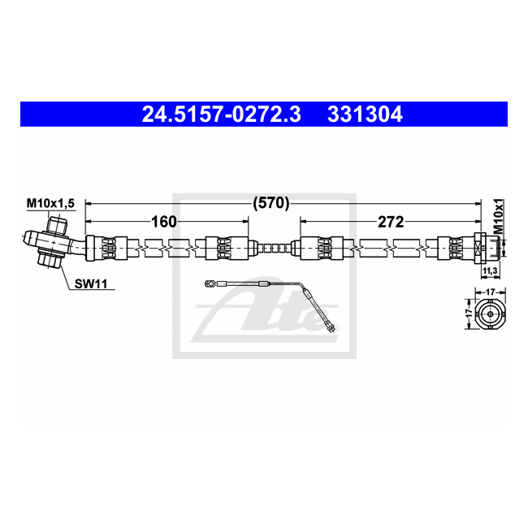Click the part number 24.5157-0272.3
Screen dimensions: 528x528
(221, 115)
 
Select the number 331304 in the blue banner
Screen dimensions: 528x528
(365, 115)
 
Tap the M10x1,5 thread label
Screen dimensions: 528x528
(50, 203)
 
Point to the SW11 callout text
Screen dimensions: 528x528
(91, 283)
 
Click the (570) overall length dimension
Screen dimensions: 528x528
(271, 203)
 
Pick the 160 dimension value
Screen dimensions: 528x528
(163, 222)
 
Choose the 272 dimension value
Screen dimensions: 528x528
(391, 222)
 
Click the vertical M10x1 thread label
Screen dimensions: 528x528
(498, 216)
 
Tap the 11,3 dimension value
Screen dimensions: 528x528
(490, 270)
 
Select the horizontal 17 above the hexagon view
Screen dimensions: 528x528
(491, 292)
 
